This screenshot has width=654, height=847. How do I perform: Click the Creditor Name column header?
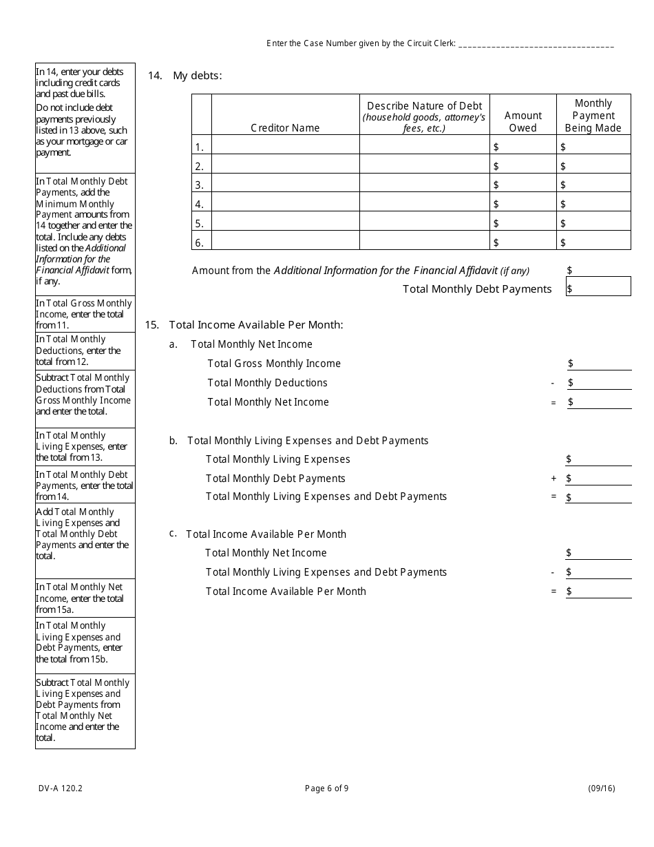(x=285, y=127)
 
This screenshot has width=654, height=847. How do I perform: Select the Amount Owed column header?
(x=523, y=122)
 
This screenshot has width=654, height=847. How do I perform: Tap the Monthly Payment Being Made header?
(x=593, y=115)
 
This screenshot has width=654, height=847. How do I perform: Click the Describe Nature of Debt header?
(x=424, y=116)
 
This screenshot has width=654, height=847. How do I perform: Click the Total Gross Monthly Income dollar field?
(x=599, y=363)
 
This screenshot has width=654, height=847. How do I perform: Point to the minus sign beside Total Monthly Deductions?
(x=553, y=383)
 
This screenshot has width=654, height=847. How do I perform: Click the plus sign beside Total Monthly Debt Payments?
(x=553, y=478)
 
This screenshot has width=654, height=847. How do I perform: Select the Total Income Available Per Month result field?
(x=599, y=591)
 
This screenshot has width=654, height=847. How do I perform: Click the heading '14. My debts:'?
(x=185, y=76)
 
